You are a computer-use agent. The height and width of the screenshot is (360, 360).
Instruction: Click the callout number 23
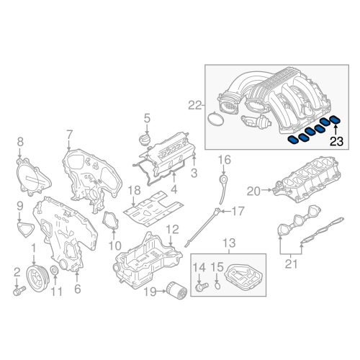click(x=337, y=143)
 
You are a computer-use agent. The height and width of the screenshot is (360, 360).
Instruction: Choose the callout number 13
click(x=228, y=243)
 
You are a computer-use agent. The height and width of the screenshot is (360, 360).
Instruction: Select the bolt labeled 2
click(x=19, y=292)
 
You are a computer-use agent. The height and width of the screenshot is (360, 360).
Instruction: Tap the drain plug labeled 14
click(x=201, y=287)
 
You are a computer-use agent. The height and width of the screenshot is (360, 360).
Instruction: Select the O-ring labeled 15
click(x=218, y=287)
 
